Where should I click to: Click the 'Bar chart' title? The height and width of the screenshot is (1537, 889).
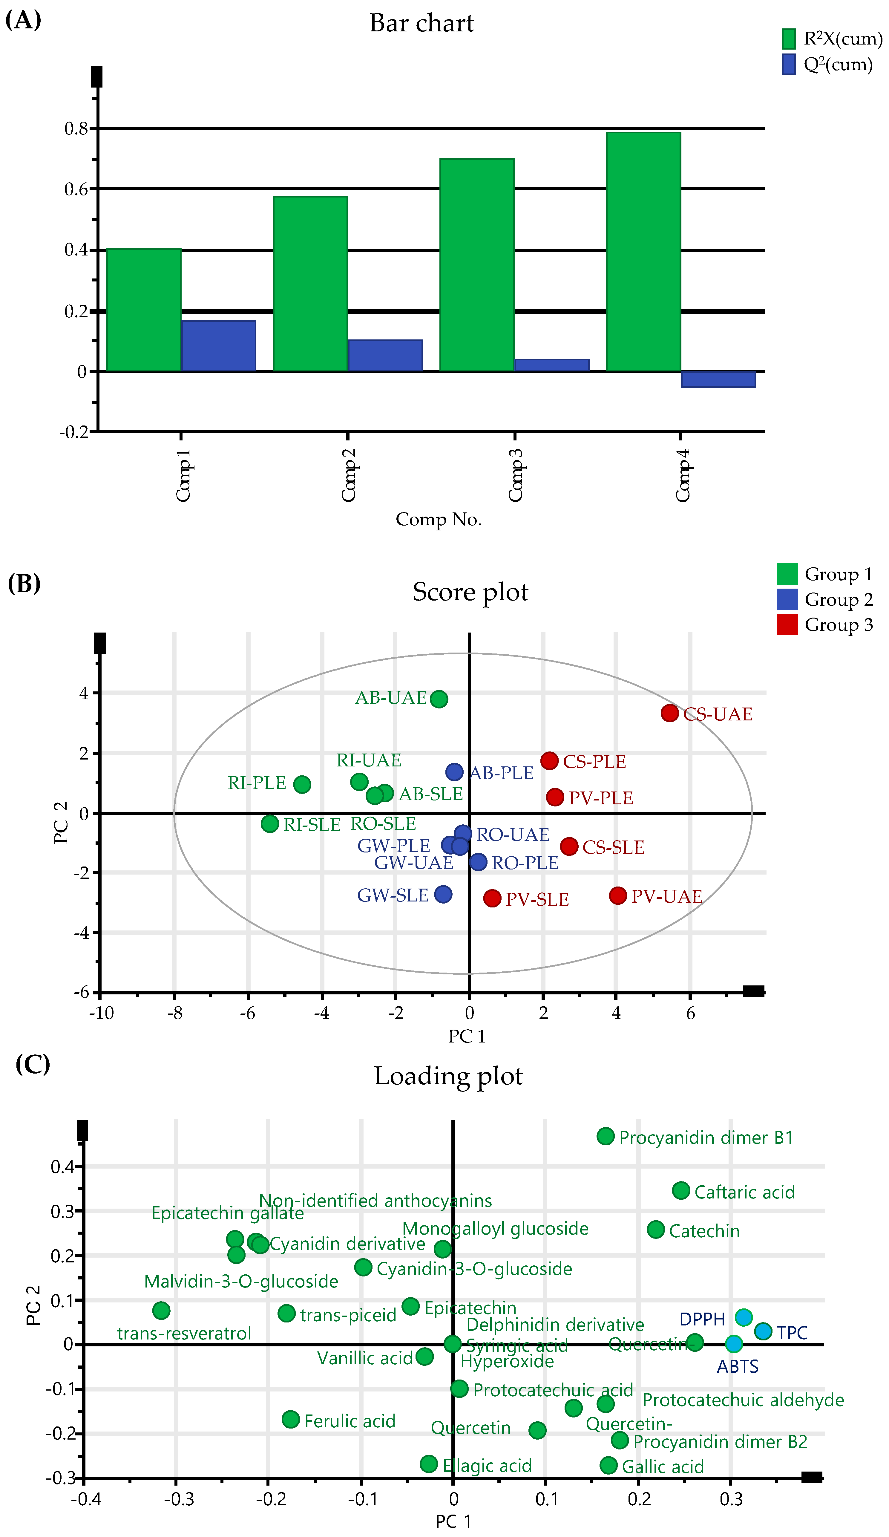point(421,23)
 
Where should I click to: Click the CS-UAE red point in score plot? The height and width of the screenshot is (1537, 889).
point(669,713)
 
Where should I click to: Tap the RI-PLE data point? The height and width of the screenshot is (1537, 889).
point(302,784)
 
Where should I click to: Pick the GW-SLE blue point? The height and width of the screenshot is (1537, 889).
point(443,894)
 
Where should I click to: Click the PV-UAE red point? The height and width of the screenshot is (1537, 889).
point(618,895)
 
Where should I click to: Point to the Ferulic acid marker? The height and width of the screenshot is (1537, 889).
point(291,1419)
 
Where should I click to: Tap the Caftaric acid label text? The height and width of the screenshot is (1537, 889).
point(744,1192)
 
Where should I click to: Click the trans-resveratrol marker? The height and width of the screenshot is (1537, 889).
point(161,1310)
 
